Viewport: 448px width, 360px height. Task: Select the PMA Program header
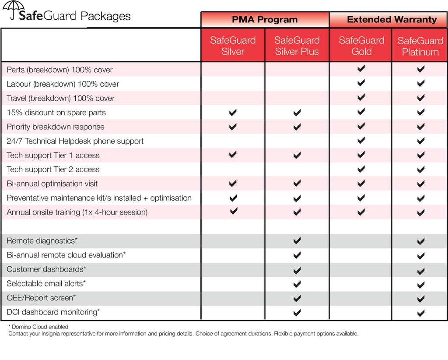click(265, 20)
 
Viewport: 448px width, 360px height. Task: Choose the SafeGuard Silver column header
click(233, 46)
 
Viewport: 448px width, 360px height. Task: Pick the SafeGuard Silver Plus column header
click(297, 46)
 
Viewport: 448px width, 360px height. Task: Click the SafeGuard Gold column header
click(361, 46)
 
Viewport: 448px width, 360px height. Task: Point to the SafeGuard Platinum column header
click(420, 46)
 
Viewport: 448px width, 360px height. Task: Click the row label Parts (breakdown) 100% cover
click(59, 70)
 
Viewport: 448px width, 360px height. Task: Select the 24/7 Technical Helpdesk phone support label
click(75, 141)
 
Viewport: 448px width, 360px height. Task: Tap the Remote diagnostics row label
click(42, 240)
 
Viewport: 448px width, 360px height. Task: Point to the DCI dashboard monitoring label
click(53, 312)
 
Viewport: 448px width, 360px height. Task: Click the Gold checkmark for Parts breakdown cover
click(361, 69)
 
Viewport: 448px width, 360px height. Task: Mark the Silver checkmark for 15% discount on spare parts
click(233, 113)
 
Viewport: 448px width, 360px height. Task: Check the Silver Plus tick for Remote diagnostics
click(297, 240)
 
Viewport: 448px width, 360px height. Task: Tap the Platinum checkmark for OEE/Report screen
click(421, 299)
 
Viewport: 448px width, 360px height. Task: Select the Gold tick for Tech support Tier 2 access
click(361, 169)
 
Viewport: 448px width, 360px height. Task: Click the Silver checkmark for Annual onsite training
click(234, 211)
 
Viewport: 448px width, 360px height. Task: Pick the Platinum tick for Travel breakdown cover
click(421, 98)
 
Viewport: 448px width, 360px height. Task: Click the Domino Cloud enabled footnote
click(38, 327)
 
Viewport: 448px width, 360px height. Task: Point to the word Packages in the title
click(106, 17)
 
